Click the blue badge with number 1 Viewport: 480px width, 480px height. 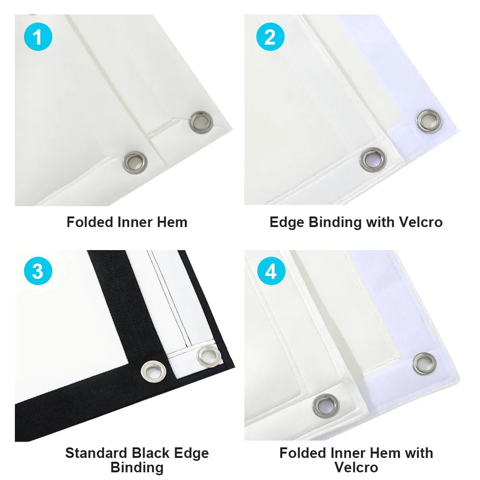38,37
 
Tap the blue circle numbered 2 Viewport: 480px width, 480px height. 270,37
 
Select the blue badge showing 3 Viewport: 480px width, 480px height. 38,271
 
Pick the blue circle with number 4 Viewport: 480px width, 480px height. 271,271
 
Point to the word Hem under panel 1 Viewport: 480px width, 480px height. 172,222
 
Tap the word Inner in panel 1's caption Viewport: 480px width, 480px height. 135,222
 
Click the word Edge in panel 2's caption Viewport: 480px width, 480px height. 287,223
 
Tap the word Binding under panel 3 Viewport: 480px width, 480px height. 137,468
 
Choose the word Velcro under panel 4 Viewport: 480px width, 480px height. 356,467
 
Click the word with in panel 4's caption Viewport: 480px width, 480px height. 419,453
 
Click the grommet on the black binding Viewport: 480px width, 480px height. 154,372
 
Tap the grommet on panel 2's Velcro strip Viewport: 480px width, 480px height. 429,121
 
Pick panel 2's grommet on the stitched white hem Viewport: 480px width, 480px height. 373,159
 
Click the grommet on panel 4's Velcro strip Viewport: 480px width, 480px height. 425,364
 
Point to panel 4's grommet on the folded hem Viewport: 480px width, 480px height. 326,406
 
